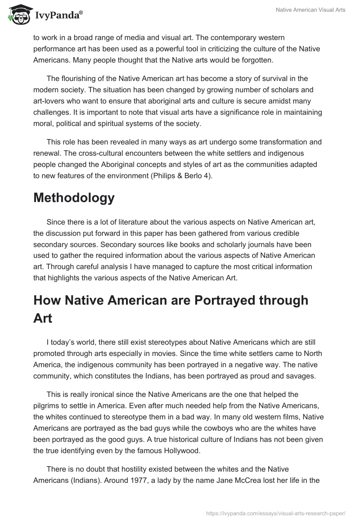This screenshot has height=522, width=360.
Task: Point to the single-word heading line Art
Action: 43,319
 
